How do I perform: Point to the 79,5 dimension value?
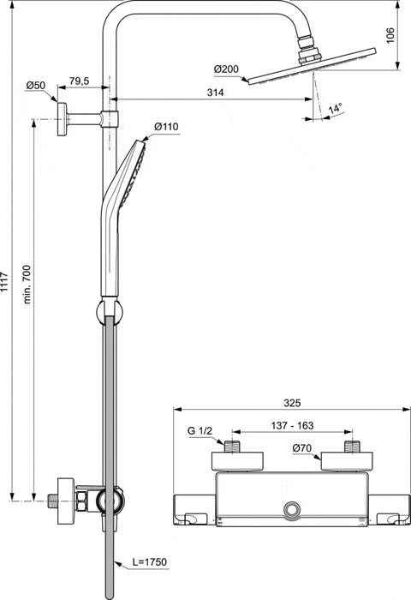[80, 81]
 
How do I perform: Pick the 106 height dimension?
[390, 35]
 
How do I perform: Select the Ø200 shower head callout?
[227, 69]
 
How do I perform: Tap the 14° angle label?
[336, 109]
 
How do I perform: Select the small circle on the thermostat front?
[293, 510]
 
